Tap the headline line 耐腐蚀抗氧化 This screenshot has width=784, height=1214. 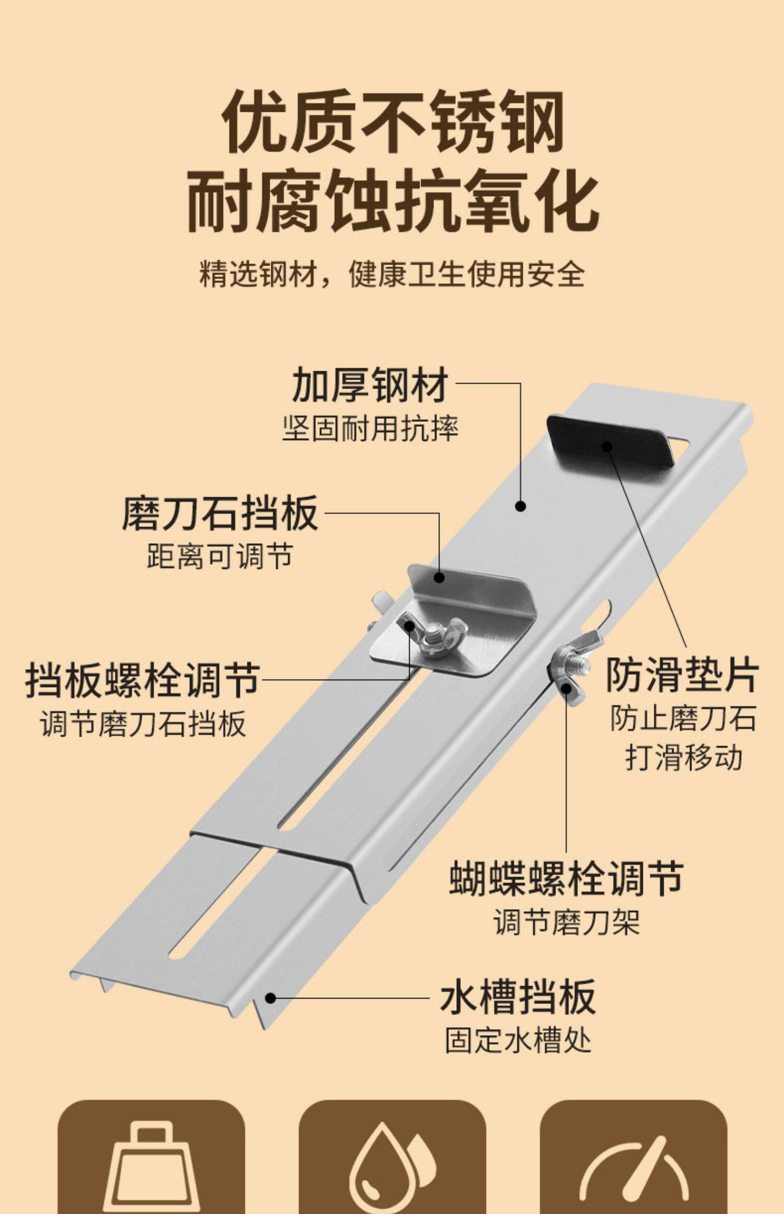393,202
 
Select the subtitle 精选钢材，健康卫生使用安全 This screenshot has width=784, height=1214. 392,274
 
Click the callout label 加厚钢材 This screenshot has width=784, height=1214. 371,385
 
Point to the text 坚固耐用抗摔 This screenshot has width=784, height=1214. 371,429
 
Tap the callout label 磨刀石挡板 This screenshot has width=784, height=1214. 220,513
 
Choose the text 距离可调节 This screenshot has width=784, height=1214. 220,556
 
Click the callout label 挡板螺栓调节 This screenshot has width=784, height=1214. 143,680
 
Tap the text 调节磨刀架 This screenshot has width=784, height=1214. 567,922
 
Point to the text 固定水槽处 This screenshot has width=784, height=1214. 518,1040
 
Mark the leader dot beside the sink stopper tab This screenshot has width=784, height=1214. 270,998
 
